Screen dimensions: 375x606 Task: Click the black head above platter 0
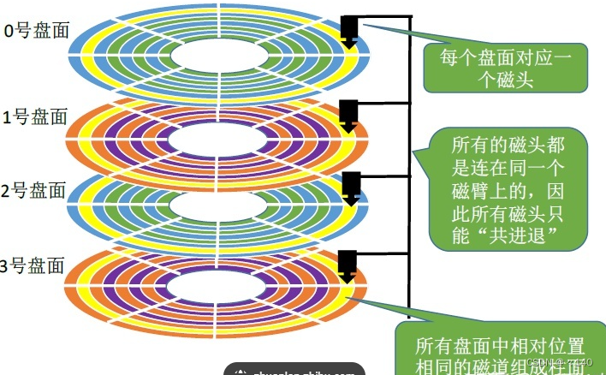click(x=348, y=28)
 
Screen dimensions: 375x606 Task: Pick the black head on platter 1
click(x=348, y=113)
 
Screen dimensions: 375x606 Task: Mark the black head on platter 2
click(x=350, y=187)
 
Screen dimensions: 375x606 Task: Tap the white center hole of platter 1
click(x=218, y=140)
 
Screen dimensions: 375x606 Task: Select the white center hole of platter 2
click(x=218, y=205)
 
